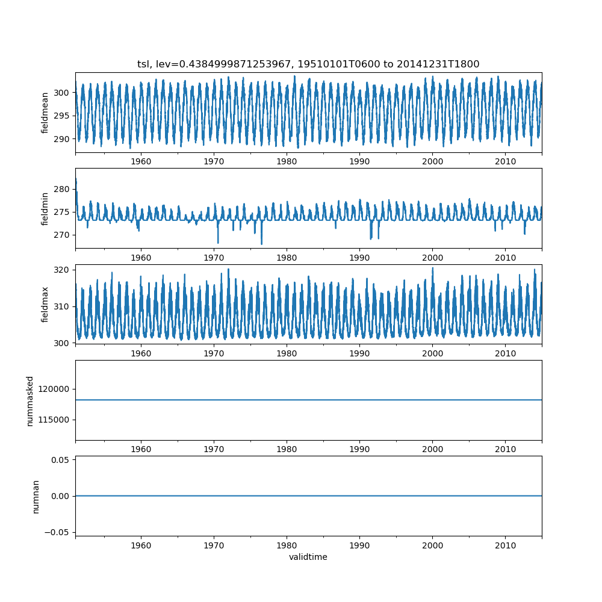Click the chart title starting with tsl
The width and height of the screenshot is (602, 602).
[308, 64]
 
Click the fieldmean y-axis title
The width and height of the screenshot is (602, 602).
[45, 113]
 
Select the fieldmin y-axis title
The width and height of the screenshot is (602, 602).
[45, 209]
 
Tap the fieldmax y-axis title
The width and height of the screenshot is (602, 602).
[45, 305]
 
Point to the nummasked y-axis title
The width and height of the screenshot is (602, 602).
[30, 401]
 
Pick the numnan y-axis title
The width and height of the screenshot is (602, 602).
[36, 497]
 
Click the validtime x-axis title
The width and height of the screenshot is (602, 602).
[308, 557]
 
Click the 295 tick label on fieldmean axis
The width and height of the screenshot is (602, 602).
[61, 116]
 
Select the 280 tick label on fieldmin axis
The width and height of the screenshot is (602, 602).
[61, 189]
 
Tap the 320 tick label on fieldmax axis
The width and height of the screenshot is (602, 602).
[61, 270]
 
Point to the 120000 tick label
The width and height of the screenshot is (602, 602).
[54, 389]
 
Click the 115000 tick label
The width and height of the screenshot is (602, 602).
[54, 420]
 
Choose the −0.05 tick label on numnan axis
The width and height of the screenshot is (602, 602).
[57, 532]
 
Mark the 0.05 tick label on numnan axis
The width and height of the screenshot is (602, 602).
[60, 460]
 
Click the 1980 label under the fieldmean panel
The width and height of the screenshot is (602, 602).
[287, 161]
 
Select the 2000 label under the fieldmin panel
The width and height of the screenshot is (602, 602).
[433, 258]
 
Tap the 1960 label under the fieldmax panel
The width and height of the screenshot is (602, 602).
[141, 353]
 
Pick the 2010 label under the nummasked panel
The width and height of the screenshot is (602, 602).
[506, 449]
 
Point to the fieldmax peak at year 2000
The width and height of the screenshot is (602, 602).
[433, 268]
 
